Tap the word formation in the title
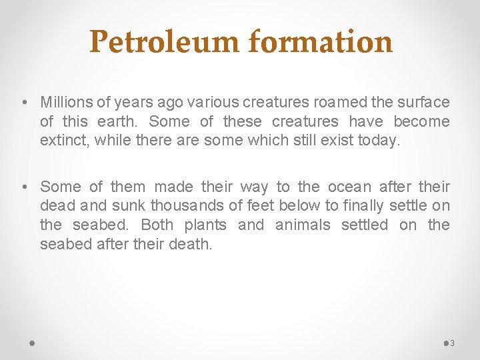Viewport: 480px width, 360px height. tap(321, 41)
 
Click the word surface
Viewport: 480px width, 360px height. tap(423, 102)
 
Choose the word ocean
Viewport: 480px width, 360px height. tap(348, 187)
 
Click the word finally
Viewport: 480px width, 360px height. tap(362, 206)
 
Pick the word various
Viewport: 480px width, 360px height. tap(213, 102)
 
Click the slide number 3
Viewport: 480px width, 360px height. tap(452, 343)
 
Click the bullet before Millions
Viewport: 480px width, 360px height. tap(24, 102)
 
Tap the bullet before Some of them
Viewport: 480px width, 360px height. tap(24, 187)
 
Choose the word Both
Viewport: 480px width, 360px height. tap(157, 225)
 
